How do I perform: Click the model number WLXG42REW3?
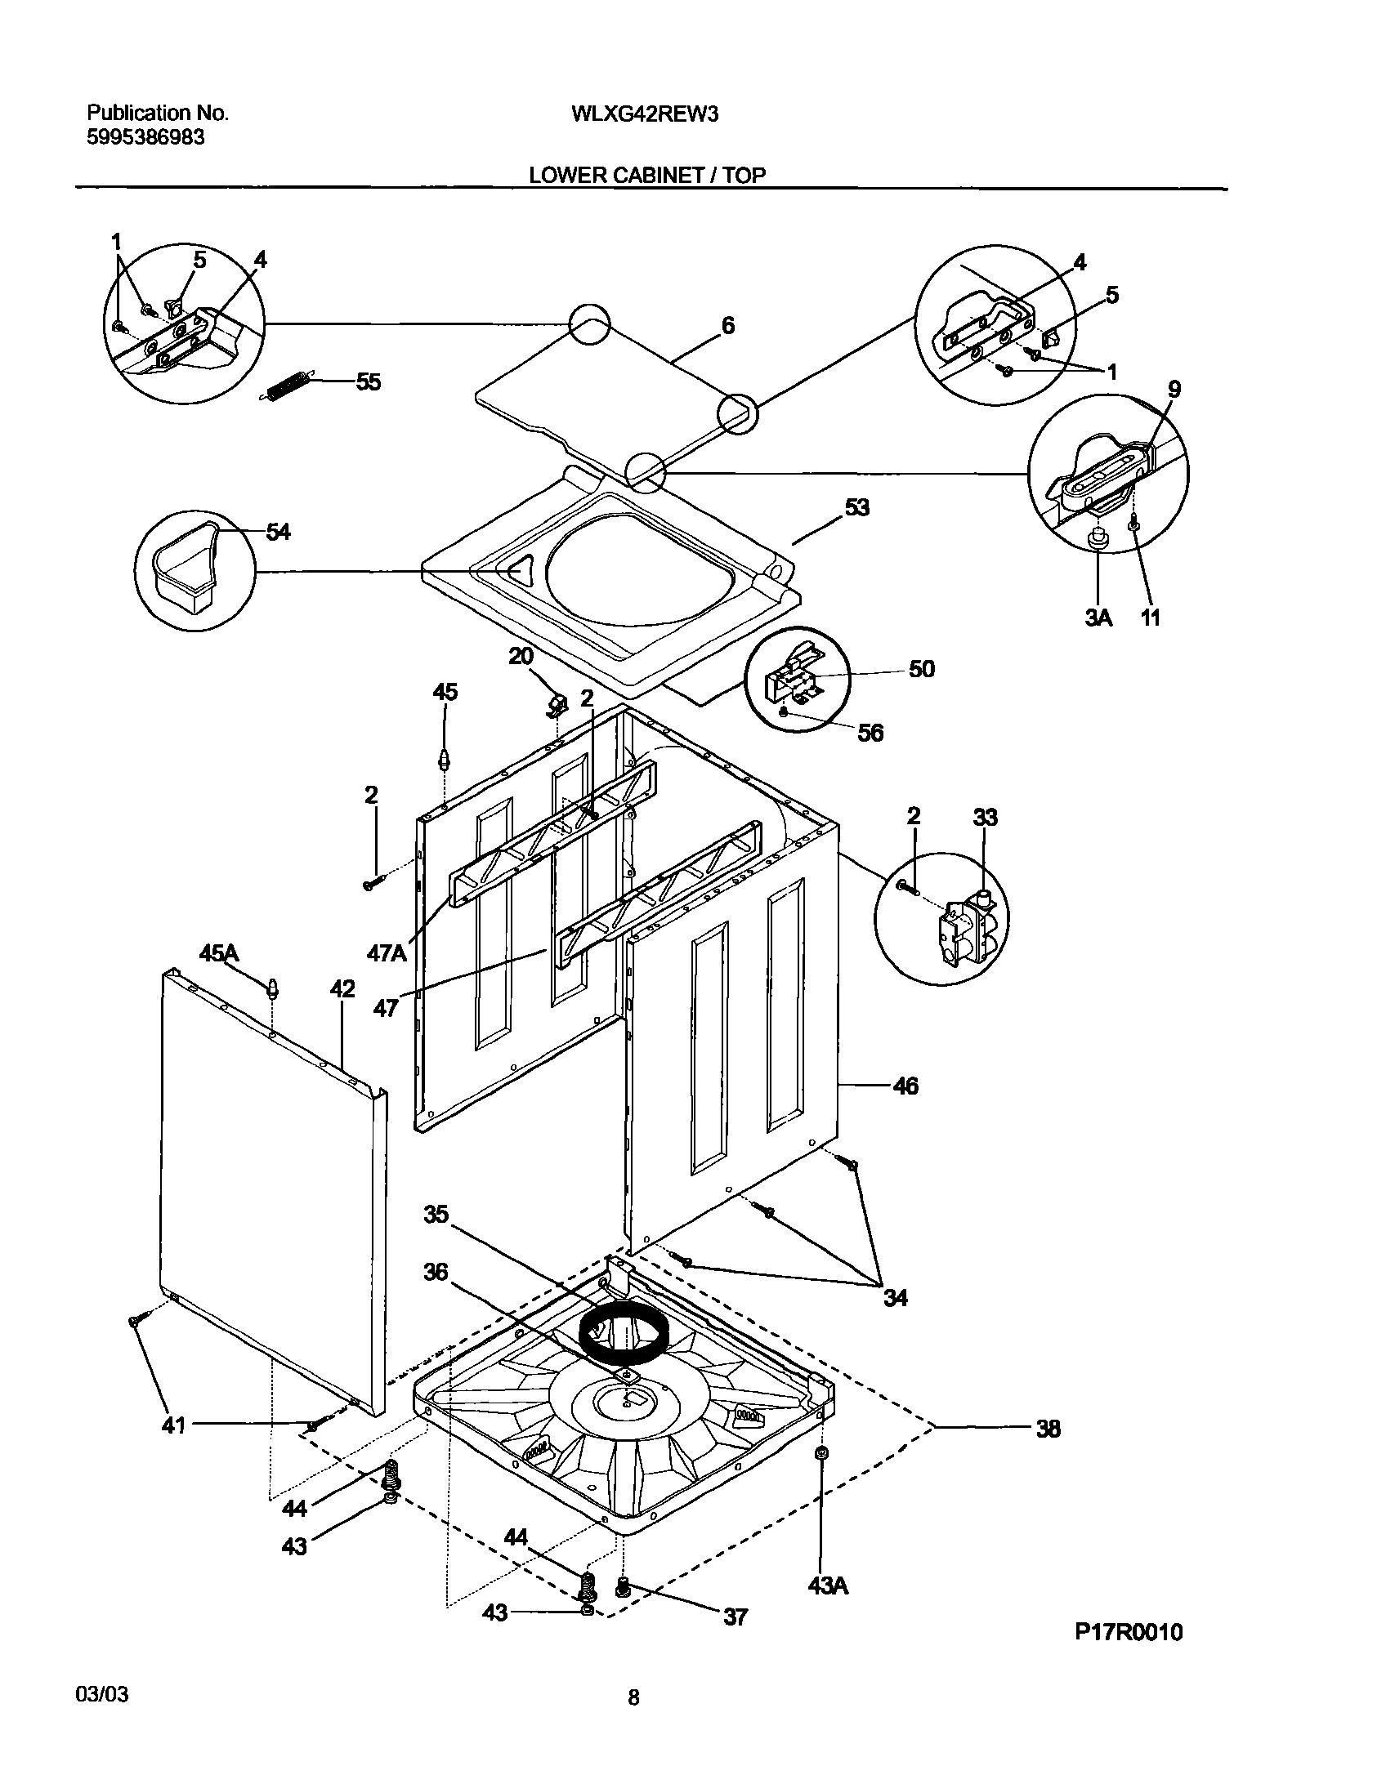[x=645, y=114]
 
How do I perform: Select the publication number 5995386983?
[x=145, y=138]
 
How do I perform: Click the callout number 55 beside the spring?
[x=368, y=382]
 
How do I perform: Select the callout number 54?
[x=278, y=532]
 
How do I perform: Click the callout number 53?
[x=857, y=507]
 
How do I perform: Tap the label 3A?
[x=1099, y=618]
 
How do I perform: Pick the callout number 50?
[x=921, y=669]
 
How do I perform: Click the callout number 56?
[x=870, y=733]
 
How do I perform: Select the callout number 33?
[x=985, y=817]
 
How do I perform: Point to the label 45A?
[x=219, y=953]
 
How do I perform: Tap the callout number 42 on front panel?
[x=342, y=989]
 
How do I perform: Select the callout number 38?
[x=1048, y=1429]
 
